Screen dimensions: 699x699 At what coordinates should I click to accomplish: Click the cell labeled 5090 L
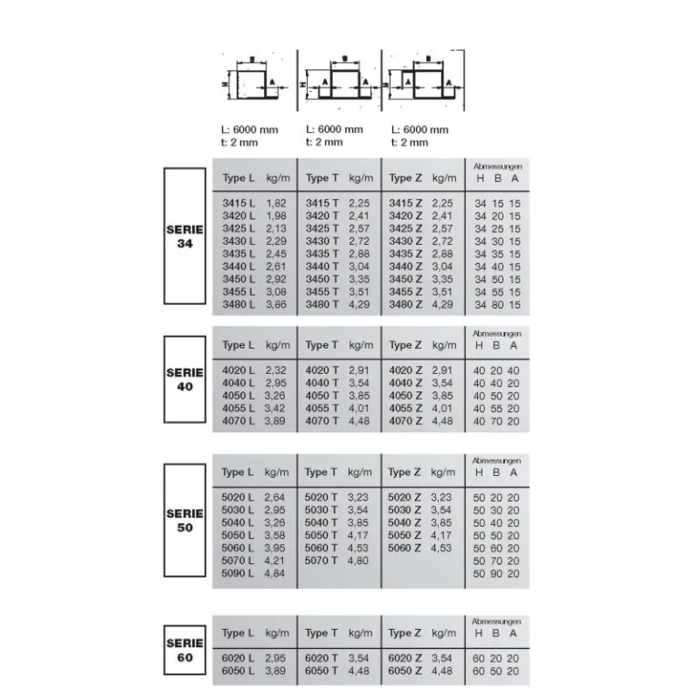coord(238,573)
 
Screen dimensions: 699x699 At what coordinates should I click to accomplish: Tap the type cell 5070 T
coord(321,561)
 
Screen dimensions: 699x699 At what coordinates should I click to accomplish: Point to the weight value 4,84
coord(275,573)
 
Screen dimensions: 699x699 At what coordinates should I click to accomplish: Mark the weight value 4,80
coord(359,561)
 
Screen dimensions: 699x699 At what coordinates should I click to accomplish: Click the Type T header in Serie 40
coord(322,346)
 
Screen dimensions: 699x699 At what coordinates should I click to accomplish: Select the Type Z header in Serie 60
coord(406,633)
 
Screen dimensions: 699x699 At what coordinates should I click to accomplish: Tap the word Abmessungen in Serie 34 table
coord(498,168)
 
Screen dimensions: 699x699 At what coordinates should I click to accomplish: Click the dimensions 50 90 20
coord(498,573)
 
